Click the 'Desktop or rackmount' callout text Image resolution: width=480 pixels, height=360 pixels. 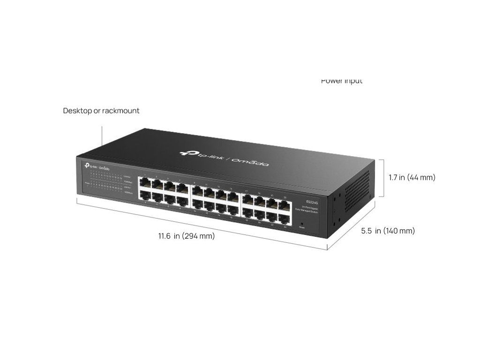(101, 111)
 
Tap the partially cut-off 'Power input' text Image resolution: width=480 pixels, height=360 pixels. (341, 81)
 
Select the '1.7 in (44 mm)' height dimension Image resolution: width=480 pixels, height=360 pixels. (412, 178)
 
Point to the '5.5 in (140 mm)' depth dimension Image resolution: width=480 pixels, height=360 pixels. (388, 231)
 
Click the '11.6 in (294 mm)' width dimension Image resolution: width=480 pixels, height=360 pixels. (186, 236)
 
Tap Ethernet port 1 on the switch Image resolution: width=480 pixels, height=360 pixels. (145, 183)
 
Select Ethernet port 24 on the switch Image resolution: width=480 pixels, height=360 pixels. (283, 218)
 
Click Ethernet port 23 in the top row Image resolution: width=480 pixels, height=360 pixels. (283, 204)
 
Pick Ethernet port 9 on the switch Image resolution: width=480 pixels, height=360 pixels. (197, 190)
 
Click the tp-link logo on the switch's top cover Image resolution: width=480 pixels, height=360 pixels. (202, 154)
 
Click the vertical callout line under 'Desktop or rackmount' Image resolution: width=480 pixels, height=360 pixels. (102, 135)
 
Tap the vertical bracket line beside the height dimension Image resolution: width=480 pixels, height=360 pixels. (384, 178)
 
